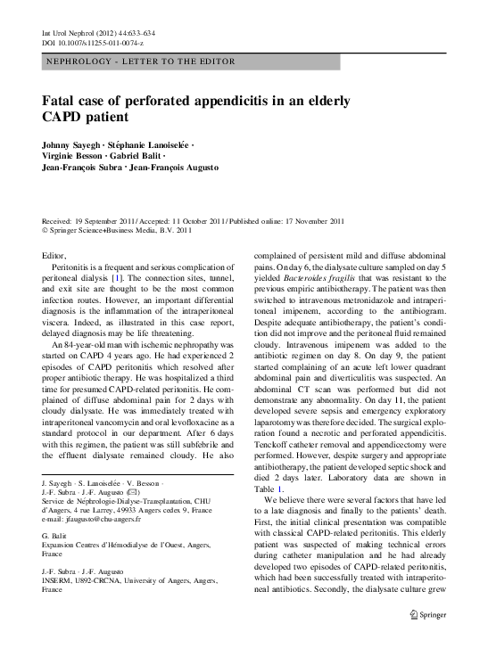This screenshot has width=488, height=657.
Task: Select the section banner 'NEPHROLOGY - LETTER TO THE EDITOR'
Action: pos(139,62)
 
